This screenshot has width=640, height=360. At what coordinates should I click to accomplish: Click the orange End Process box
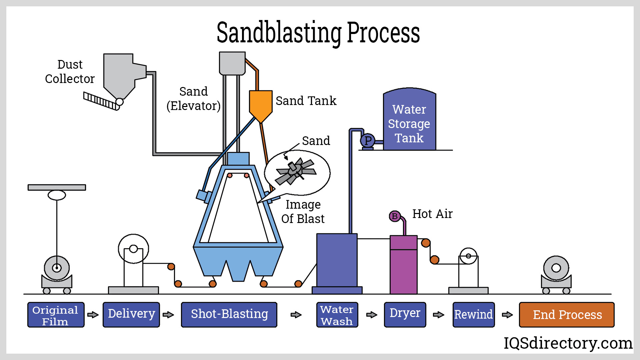(x=566, y=315)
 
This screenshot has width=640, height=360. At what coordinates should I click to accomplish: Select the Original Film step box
(x=56, y=315)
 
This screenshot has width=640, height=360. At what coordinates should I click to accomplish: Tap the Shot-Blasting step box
(x=229, y=315)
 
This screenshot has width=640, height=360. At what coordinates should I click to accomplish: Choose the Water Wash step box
(x=337, y=315)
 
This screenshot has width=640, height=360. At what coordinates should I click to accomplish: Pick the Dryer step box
(x=405, y=315)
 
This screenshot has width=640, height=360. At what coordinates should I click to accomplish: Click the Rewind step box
(x=473, y=315)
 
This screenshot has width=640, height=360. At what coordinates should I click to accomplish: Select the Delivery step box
(x=131, y=315)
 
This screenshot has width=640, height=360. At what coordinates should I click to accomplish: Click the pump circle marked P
(x=368, y=141)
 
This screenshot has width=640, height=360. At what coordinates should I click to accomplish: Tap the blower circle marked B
(x=395, y=216)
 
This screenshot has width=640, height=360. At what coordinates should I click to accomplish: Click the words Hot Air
(x=432, y=214)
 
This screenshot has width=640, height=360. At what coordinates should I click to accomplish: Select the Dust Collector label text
(x=70, y=72)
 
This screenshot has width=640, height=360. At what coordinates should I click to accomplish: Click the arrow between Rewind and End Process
(x=507, y=315)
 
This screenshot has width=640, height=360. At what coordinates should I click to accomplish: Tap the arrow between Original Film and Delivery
(x=93, y=315)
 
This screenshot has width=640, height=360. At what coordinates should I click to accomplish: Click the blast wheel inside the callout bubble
(x=295, y=171)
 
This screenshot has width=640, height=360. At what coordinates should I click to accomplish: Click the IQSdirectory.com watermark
(x=568, y=343)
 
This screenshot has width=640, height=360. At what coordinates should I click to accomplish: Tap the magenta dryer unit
(x=403, y=267)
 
